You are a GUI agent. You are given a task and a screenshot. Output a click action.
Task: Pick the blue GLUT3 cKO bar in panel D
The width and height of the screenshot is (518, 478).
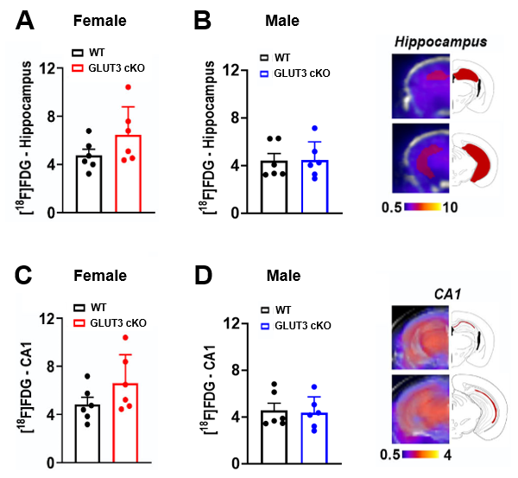coord(315,439)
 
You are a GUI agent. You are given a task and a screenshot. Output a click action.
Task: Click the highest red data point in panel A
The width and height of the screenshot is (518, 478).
coord(127,87)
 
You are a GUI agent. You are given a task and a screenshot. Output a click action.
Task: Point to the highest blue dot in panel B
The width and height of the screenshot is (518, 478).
coord(315,128)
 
